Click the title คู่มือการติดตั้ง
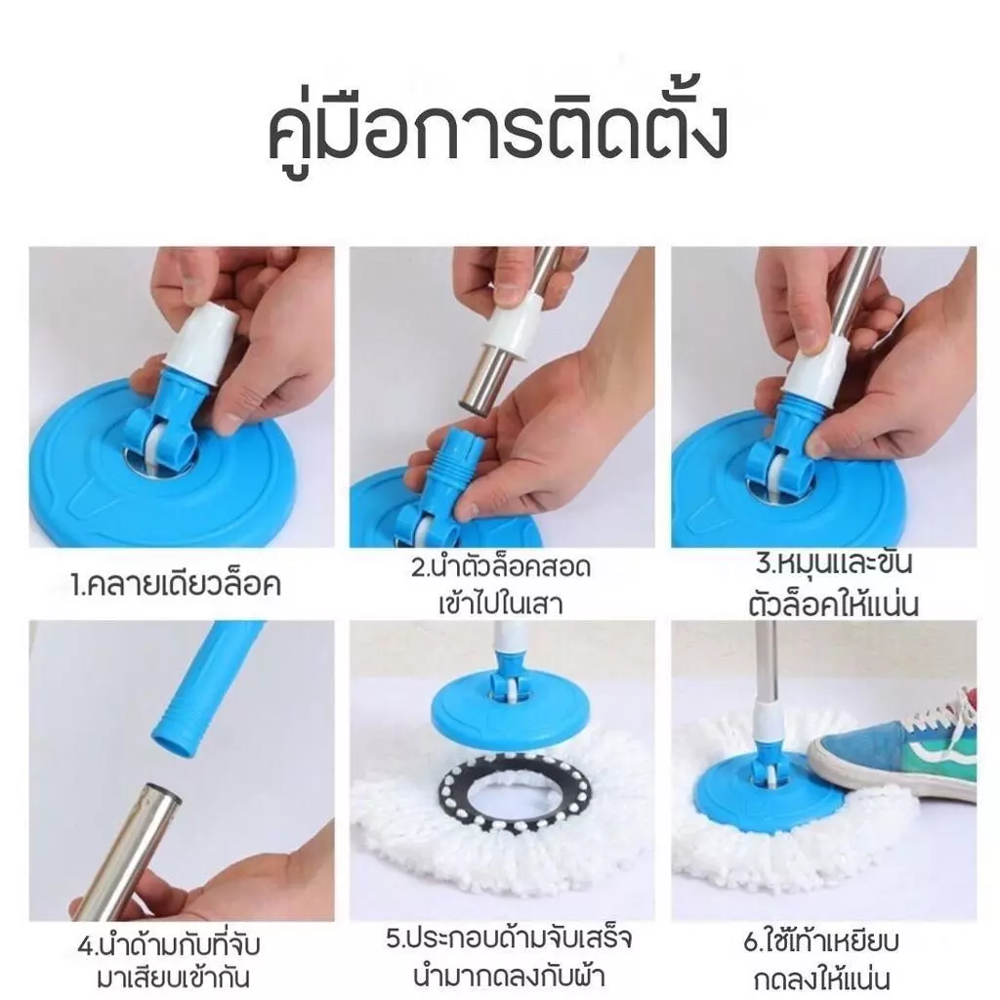click(x=497, y=130)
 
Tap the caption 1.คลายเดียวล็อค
click(x=176, y=585)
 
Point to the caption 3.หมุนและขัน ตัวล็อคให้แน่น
click(x=834, y=584)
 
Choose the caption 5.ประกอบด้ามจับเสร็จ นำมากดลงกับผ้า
click(x=508, y=957)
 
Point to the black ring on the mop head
click(x=515, y=793)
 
